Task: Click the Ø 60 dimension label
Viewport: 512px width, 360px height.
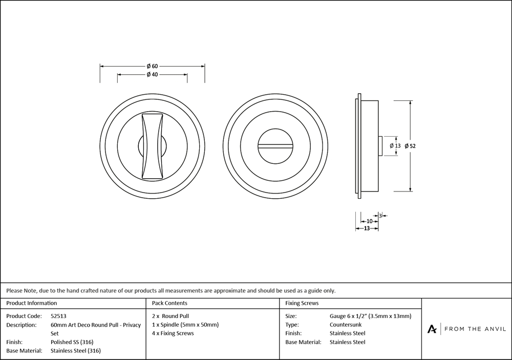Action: click(x=152, y=66)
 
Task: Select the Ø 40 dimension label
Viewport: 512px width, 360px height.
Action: click(x=152, y=75)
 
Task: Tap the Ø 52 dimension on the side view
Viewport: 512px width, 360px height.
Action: click(x=410, y=146)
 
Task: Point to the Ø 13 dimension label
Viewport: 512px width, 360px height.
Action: click(x=395, y=146)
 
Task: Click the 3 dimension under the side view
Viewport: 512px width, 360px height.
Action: click(x=380, y=215)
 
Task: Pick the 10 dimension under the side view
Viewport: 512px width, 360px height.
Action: click(x=369, y=221)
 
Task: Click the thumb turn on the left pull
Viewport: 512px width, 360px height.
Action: click(x=152, y=145)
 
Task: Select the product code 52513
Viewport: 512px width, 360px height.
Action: click(x=59, y=316)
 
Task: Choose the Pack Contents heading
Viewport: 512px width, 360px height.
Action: click(x=169, y=303)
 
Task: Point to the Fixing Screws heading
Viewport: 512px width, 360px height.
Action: click(x=302, y=303)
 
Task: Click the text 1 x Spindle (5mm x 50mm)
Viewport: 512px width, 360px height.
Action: click(x=185, y=325)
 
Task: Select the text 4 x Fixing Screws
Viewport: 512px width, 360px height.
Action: click(x=173, y=333)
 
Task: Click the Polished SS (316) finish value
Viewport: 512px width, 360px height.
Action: click(x=72, y=342)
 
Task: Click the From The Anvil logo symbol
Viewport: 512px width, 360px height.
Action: click(x=433, y=329)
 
